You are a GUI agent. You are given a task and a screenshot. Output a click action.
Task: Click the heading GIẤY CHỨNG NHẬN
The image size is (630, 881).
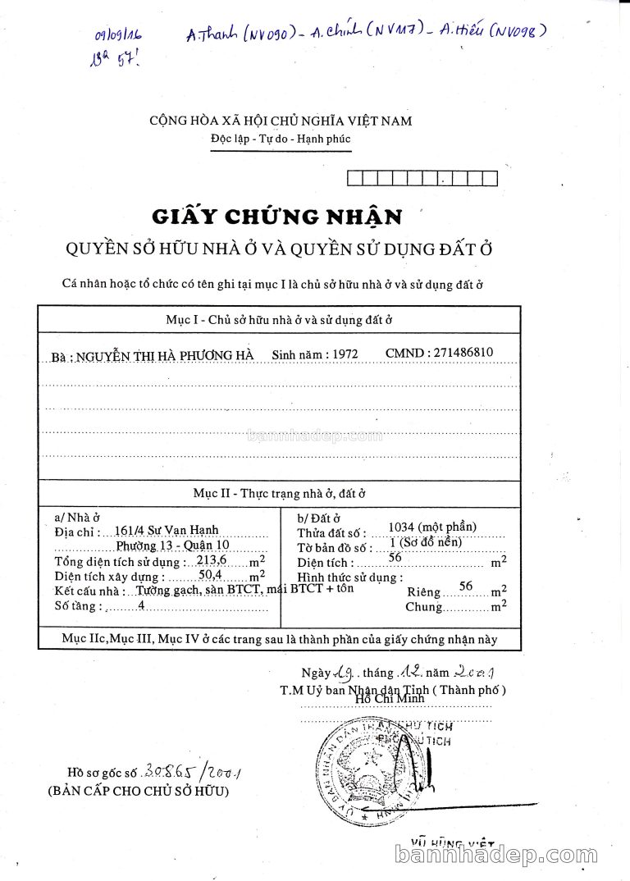pos(277,217)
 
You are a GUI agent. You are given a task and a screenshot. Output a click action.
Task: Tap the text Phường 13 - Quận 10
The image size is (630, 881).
pos(172,545)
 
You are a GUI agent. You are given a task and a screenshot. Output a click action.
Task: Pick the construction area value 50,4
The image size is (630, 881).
pos(212,576)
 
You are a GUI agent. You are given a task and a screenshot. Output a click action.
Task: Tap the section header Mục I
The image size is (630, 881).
pos(279,320)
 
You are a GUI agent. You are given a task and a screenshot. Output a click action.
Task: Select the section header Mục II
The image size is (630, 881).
pos(279,493)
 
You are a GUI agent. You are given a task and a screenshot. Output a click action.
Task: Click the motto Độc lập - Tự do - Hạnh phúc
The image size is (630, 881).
pos(280,139)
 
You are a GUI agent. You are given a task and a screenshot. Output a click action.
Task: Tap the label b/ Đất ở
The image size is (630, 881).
pos(318,518)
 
